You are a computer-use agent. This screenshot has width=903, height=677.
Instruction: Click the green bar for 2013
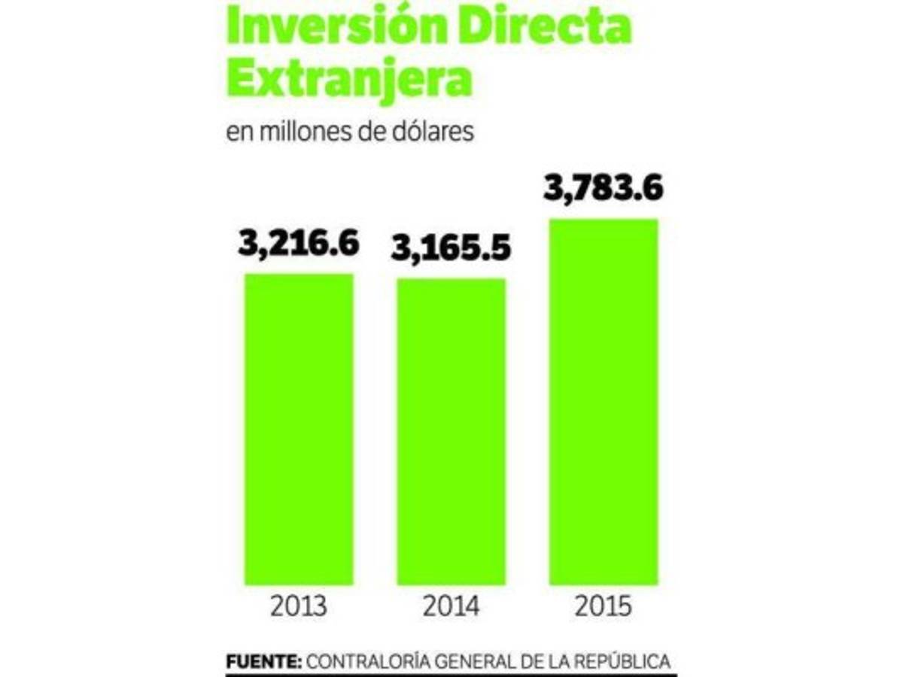click(x=299, y=429)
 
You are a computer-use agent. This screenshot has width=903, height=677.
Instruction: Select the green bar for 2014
click(x=451, y=432)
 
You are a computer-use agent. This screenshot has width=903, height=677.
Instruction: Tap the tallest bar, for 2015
click(x=604, y=402)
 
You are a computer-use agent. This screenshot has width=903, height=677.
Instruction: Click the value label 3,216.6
click(x=299, y=244)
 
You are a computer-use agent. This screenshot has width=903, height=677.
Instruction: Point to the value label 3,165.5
click(x=451, y=248)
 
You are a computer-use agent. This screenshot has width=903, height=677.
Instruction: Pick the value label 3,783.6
click(x=604, y=188)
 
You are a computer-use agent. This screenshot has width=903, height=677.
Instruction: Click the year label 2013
click(x=299, y=606)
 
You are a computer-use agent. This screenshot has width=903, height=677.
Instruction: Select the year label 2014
click(x=451, y=606)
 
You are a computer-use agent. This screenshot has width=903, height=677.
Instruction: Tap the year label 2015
click(x=604, y=606)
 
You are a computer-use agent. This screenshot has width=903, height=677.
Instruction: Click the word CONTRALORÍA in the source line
click(x=369, y=662)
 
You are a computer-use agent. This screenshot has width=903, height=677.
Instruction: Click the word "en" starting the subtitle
click(x=239, y=132)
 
